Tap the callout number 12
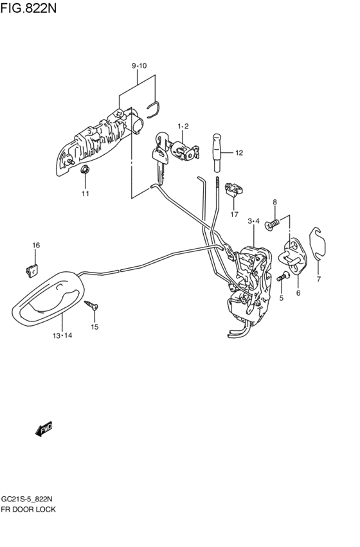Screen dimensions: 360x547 pos(239,153)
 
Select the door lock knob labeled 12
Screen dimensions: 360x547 pos(217,152)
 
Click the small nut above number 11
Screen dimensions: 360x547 pos(85,170)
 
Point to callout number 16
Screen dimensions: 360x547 pos(36,246)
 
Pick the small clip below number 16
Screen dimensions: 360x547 pos(32,270)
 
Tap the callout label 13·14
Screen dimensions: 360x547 pos(62,336)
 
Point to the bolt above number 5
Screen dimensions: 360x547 pos(283,277)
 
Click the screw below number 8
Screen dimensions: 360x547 pos(272,225)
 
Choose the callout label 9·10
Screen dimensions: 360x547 pos(139,66)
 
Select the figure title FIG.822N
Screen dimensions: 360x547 pos(28,8)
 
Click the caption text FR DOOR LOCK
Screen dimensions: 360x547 pos(28,509)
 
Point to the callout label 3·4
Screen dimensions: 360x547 pos(253,221)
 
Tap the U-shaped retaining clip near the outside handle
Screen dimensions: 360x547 pos(153,109)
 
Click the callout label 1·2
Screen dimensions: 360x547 pos(183,126)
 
